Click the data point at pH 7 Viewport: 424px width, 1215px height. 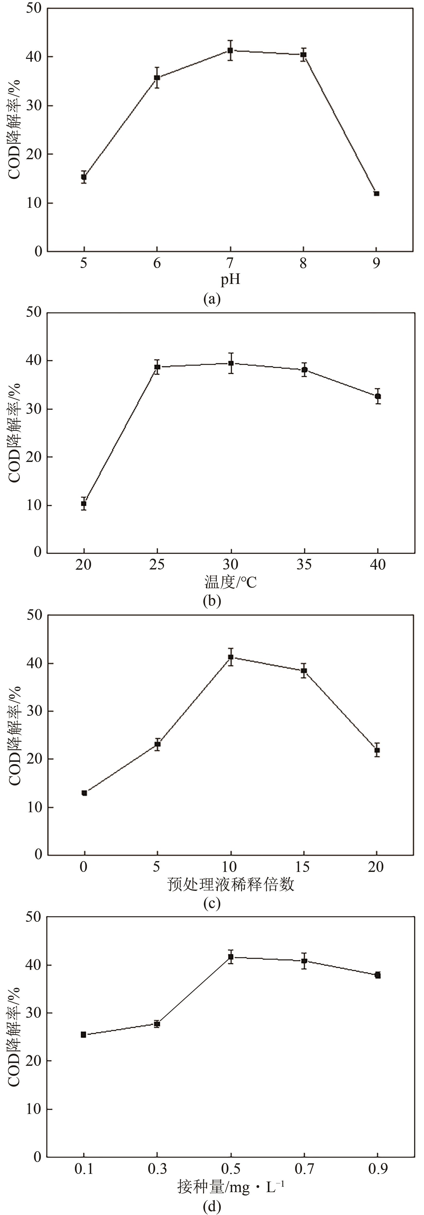click(230, 50)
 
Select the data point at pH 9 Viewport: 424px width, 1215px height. click(376, 193)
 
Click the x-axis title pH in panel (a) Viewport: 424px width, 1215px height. click(230, 280)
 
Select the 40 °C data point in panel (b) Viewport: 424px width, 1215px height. click(378, 396)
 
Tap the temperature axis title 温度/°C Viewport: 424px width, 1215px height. click(230, 583)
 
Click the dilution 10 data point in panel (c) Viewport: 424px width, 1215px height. click(231, 657)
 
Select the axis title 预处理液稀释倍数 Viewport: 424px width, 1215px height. click(231, 884)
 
